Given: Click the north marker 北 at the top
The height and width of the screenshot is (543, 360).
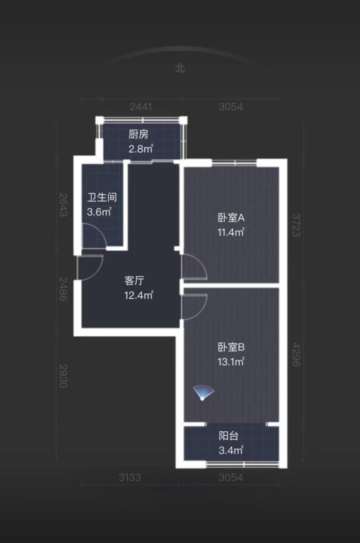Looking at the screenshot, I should pyautogui.click(x=179, y=68).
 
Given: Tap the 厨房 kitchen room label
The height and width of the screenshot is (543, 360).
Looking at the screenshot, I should pyautogui.click(x=138, y=134).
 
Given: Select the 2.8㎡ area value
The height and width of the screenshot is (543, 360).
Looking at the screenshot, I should pyautogui.click(x=140, y=148).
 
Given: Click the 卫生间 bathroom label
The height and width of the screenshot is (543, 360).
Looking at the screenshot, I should pyautogui.click(x=101, y=197).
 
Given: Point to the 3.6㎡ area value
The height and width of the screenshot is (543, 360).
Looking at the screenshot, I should pyautogui.click(x=99, y=211).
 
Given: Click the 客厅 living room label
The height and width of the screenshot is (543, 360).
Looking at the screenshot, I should pyautogui.click(x=134, y=280).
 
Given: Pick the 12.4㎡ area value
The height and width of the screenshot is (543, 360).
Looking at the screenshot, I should pyautogui.click(x=138, y=295).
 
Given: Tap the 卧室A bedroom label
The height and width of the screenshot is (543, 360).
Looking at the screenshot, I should pyautogui.click(x=230, y=217).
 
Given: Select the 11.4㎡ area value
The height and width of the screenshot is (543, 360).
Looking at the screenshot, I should pyautogui.click(x=230, y=232).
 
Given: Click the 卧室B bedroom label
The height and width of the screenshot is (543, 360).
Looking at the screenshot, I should pyautogui.click(x=230, y=347).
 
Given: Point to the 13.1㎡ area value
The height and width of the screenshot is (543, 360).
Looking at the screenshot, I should pyautogui.click(x=230, y=361).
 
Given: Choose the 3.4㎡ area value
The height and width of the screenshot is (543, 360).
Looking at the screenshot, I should pyautogui.click(x=230, y=450).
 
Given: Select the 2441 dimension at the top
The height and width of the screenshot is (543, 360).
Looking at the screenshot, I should pyautogui.click(x=140, y=106).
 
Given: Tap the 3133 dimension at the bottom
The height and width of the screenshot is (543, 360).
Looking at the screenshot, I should pyautogui.click(x=130, y=477).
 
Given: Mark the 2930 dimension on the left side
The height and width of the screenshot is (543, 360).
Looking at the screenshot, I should pyautogui.click(x=62, y=375).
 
